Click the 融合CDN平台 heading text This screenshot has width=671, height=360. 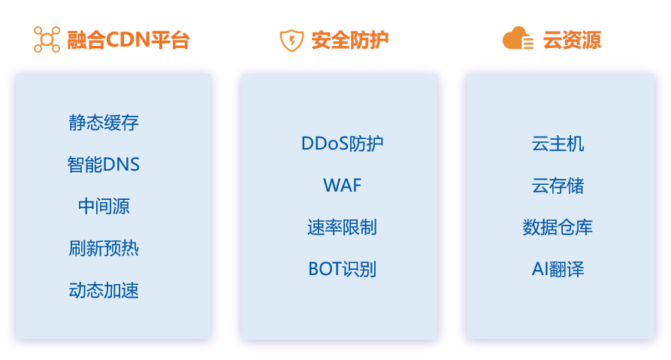coord(128,40)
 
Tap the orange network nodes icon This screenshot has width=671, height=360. coord(47,40)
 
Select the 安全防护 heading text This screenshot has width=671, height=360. coord(350,40)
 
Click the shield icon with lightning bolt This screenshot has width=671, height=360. coord(291,40)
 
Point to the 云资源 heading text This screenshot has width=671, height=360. coord(572,40)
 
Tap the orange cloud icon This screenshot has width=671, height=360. coord(518,38)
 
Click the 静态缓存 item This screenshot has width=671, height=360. coord(104,123)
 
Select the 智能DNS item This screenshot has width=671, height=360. coord(104,165)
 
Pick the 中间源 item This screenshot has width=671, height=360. coord(104,207)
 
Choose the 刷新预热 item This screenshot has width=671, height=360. coord(104,249)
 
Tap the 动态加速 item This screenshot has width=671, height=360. coord(104,291)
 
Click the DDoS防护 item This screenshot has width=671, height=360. coord(342,144)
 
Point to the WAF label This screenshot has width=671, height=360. coord(342,186)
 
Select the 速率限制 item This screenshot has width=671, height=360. coord(342,227)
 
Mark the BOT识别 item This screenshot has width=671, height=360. coord(342,269)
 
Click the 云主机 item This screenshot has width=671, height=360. coord(558,144)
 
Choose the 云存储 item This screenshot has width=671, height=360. coord(558,186)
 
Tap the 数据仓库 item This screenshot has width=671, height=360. coord(558,227)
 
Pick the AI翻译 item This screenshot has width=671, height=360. coord(558,269)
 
